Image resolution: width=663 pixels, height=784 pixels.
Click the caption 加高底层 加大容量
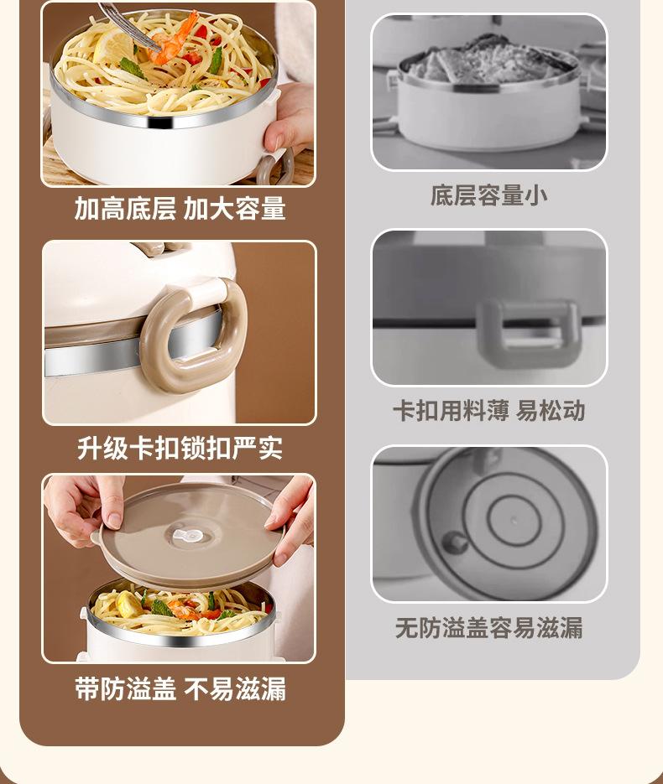(180, 208)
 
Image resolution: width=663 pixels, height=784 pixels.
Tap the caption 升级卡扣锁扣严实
(180, 448)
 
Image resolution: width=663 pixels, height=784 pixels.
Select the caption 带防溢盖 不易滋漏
(180, 688)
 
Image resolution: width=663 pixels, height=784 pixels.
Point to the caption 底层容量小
(489, 195)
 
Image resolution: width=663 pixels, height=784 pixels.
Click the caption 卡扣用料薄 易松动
(489, 411)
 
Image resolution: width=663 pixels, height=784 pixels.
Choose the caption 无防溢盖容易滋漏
(489, 627)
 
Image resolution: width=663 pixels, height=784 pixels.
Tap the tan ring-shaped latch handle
(193, 335)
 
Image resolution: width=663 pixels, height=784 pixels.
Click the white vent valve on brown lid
(188, 537)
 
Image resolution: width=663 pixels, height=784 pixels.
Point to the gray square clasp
(528, 333)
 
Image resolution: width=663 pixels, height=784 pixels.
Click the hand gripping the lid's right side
(290, 520)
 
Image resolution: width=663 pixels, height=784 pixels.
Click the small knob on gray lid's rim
(454, 542)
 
